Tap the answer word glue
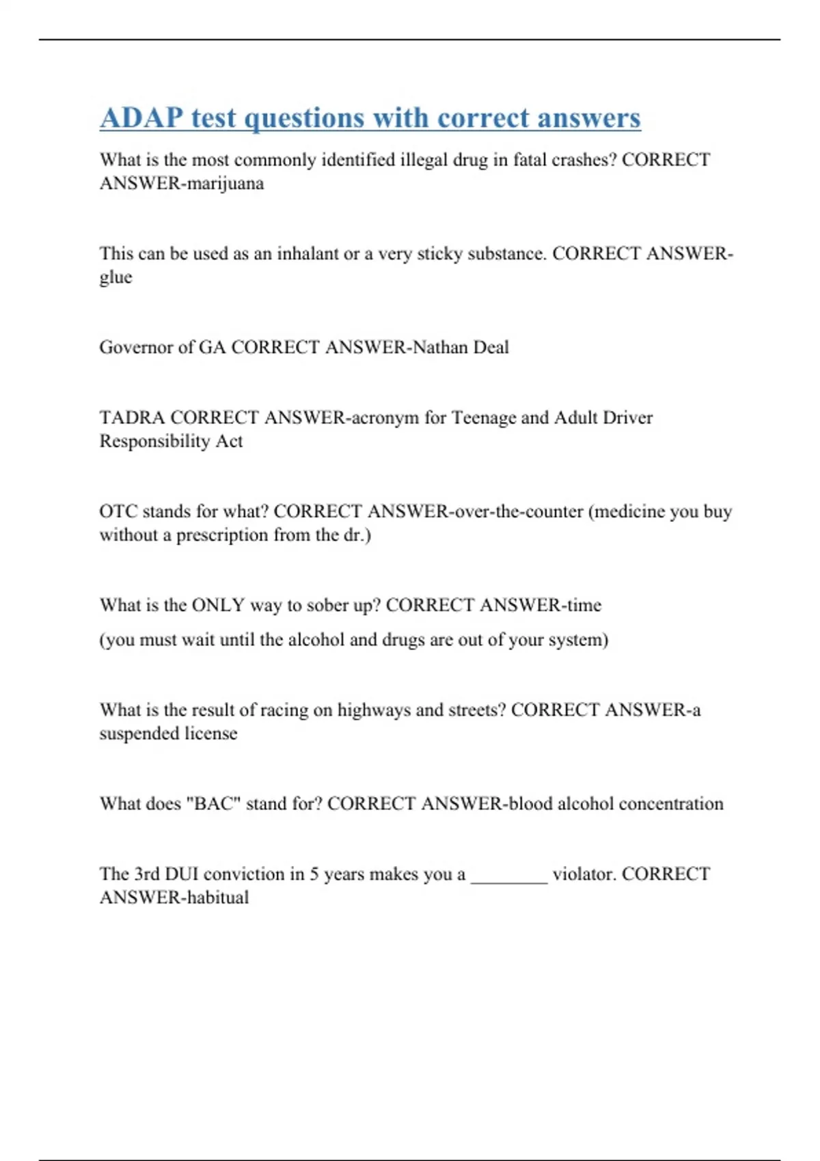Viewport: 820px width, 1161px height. pyautogui.click(x=115, y=278)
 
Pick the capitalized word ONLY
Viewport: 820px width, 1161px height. pyautogui.click(x=218, y=605)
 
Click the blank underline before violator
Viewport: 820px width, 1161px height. pyautogui.click(x=509, y=878)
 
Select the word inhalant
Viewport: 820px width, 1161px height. pyautogui.click(x=307, y=254)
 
